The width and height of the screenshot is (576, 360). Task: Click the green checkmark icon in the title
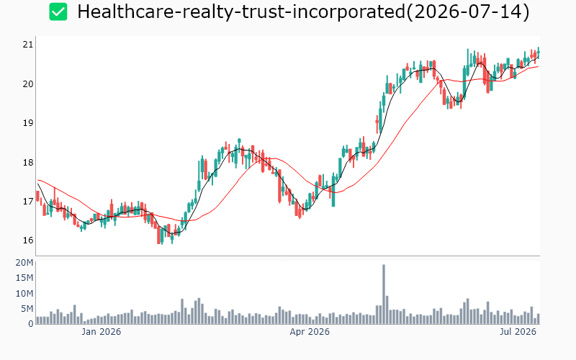(58, 12)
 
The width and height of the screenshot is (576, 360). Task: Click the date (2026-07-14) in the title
(467, 12)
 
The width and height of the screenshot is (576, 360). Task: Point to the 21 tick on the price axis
(27, 45)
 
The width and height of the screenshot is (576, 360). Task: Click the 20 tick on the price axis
(27, 84)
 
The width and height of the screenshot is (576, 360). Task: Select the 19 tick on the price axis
(27, 123)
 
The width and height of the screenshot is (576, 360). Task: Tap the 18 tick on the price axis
(27, 163)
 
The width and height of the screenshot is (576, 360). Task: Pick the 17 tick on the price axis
(27, 202)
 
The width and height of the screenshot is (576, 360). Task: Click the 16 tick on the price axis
(27, 240)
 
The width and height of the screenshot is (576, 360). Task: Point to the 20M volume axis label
(24, 263)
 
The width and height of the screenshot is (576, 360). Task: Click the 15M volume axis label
(24, 278)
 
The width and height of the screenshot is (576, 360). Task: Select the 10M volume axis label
(24, 294)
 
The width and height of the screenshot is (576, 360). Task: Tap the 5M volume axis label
(27, 309)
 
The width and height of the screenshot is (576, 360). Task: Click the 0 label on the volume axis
(30, 323)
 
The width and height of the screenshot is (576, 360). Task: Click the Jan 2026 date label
(101, 332)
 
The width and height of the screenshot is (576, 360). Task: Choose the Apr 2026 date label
(310, 332)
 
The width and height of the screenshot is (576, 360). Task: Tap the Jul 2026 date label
(518, 332)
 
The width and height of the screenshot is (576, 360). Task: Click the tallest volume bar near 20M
(384, 294)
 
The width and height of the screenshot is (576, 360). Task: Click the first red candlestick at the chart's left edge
(37, 196)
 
